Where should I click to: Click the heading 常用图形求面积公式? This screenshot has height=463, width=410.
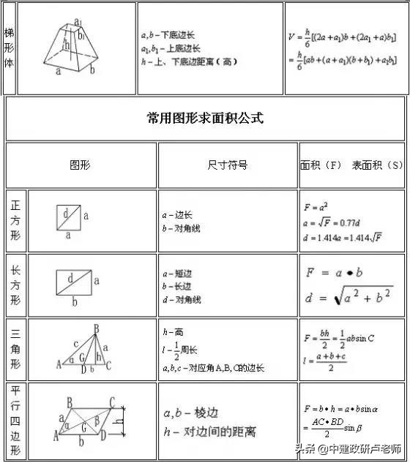pyautogui.click(x=205, y=118)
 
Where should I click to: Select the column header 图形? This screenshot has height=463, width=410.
pyautogui.click(x=80, y=165)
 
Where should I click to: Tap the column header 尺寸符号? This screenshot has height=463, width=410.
pyautogui.click(x=228, y=165)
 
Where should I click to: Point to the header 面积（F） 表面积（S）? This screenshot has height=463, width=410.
pyautogui.click(x=351, y=165)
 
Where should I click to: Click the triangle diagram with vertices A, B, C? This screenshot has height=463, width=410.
pyautogui.click(x=84, y=348)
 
